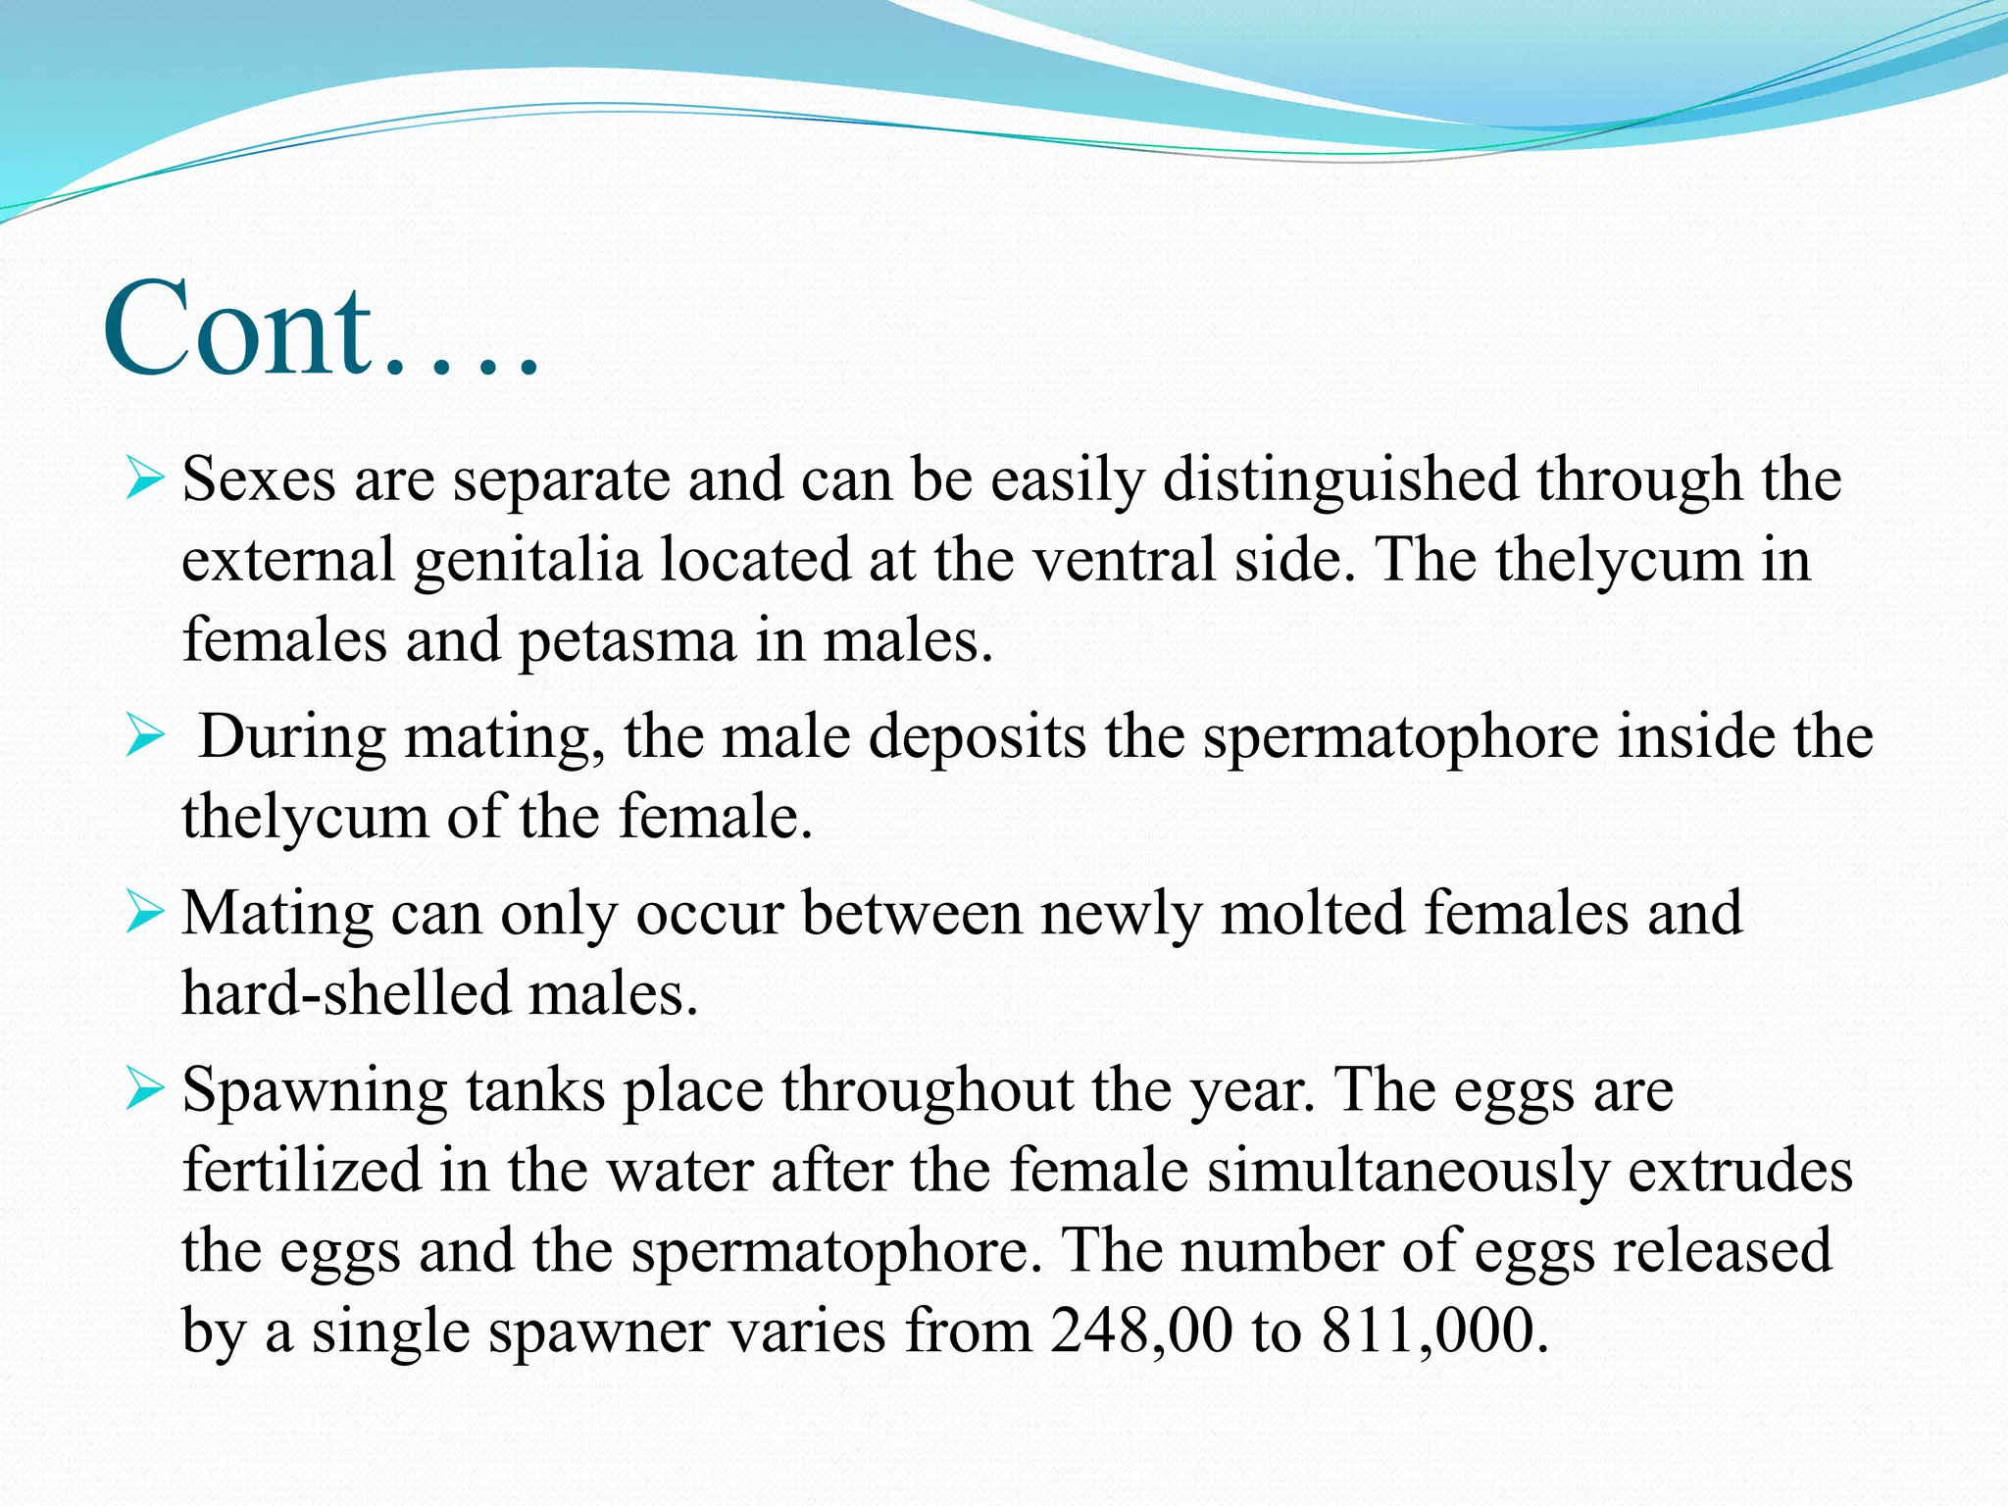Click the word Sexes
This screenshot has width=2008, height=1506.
pos(259,480)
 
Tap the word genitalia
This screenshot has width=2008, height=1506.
pos(527,561)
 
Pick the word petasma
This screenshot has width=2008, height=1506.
pos(627,641)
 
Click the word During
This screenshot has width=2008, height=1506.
pos(292,737)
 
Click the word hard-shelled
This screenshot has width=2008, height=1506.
pos(345,994)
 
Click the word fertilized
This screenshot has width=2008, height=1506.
pos(302,1171)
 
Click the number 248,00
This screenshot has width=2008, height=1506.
pos(1140,1331)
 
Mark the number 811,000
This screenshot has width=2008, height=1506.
pos(1434,1331)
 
